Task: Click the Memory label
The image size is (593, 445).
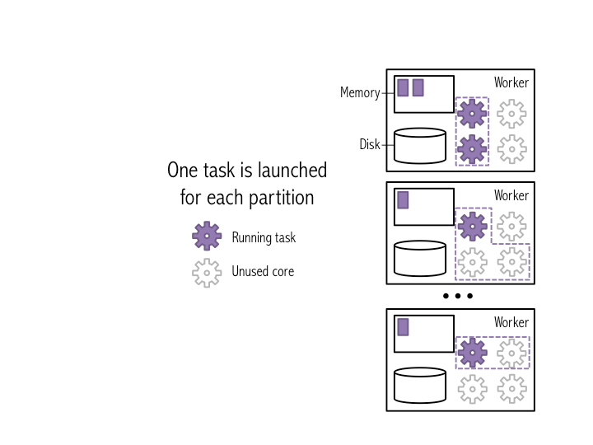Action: (x=360, y=93)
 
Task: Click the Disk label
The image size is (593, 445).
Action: (x=370, y=145)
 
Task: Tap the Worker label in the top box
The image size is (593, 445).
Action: (x=511, y=83)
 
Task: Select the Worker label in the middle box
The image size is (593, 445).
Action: (x=511, y=196)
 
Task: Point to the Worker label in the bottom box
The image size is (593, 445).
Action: (x=511, y=323)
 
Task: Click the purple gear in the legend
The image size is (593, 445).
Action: (x=207, y=237)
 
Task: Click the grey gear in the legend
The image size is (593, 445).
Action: (x=207, y=271)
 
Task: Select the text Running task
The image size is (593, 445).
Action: (x=264, y=238)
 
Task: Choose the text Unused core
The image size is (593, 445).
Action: (x=263, y=271)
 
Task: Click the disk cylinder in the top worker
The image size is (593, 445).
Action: (x=420, y=145)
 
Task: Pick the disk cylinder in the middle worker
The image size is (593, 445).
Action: (x=420, y=258)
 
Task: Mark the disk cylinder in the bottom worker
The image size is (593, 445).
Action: (x=420, y=385)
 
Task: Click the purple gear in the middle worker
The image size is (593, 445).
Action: (x=472, y=226)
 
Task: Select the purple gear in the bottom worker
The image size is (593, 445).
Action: (x=472, y=353)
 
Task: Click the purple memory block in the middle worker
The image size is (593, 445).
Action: (x=403, y=199)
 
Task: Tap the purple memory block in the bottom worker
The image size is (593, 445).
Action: (x=403, y=326)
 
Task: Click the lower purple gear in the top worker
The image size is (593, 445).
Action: (x=472, y=149)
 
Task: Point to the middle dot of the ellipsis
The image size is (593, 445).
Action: (x=457, y=296)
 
